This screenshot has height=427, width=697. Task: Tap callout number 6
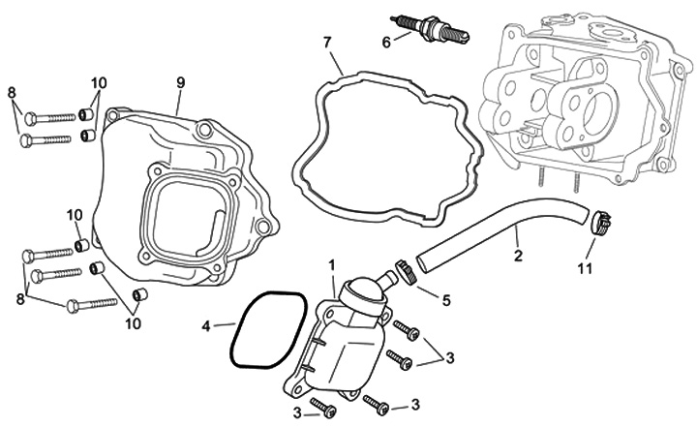(386, 42)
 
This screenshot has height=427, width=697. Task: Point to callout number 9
(179, 80)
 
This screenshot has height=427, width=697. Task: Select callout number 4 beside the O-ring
(206, 327)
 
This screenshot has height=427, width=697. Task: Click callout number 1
(331, 264)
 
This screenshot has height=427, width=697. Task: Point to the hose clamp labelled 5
(406, 272)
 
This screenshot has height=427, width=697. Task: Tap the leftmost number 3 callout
(298, 414)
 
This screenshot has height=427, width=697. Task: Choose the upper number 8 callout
(13, 93)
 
